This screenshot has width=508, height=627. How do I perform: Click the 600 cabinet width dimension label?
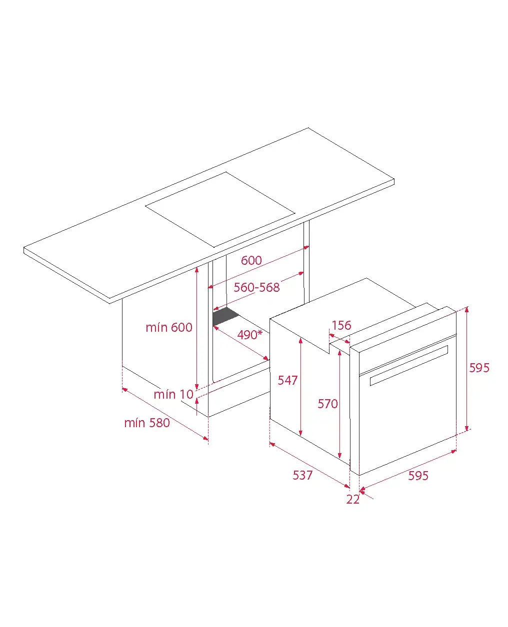pos(251,260)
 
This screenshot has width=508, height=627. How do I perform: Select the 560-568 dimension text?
pos(256,287)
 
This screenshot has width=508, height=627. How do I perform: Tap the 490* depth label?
pos(249,335)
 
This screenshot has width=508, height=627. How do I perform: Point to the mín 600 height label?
pos(168,327)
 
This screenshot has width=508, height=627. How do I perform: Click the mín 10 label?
pos(173,395)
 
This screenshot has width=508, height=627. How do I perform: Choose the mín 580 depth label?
pos(147,423)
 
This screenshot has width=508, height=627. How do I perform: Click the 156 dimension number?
pos(341,325)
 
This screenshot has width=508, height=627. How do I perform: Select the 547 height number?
pos(287,380)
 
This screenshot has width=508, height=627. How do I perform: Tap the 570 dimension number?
pos(327,404)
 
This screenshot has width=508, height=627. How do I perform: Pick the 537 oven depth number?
pos(302,476)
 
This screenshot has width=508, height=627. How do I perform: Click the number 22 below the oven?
pos(353,500)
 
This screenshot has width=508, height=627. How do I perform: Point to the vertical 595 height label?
pos(479,368)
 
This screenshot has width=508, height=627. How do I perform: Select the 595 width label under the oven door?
pos(418,476)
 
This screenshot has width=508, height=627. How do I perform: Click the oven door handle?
pos(409,365)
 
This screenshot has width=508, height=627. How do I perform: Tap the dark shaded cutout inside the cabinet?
pos(226,316)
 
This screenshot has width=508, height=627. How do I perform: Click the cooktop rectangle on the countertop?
pos(220,210)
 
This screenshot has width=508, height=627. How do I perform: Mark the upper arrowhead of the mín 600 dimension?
pos(197,269)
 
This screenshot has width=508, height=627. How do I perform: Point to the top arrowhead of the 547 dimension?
pos(300,341)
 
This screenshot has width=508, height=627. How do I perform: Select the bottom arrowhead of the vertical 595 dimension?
pos(467,429)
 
